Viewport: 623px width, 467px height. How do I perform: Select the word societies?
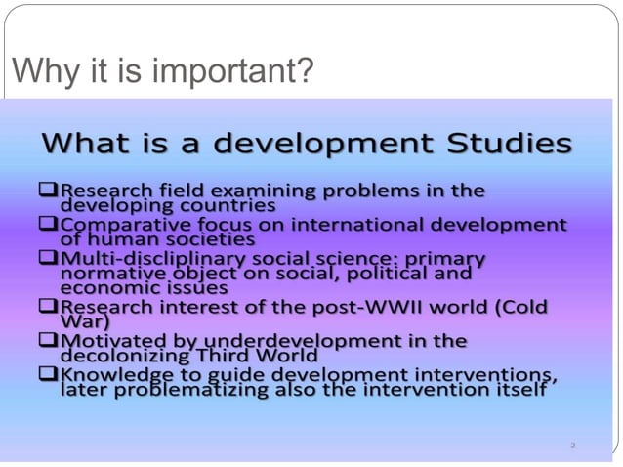click(x=207, y=238)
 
